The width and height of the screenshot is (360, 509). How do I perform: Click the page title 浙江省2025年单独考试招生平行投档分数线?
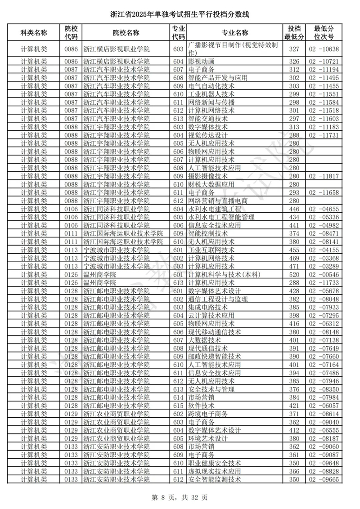(x=180, y=15)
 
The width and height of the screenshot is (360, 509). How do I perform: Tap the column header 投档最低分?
(x=294, y=33)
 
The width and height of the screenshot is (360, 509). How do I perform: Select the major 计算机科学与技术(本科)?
(x=224, y=275)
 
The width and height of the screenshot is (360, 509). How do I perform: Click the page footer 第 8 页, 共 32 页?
(x=180, y=497)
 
